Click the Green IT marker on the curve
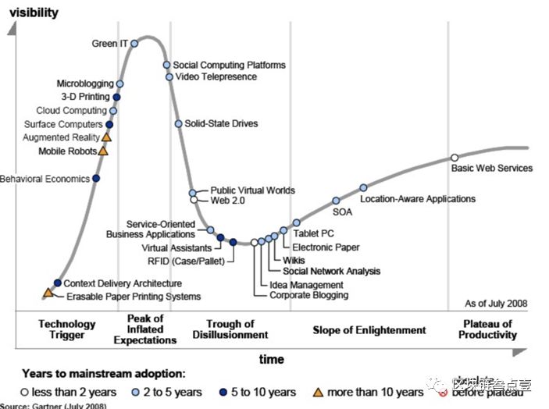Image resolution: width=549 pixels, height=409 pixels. click(135, 44)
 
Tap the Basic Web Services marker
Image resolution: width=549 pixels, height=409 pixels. click(455, 158)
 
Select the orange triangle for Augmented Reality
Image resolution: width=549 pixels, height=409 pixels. click(107, 137)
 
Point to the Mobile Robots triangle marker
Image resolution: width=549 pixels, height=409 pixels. click(103, 151)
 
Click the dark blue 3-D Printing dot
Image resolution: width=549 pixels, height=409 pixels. click(116, 97)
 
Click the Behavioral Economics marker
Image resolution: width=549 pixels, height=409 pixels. click(95, 179)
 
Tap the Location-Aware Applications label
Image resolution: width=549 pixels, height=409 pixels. click(418, 199)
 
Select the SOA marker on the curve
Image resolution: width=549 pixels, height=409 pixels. click(337, 201)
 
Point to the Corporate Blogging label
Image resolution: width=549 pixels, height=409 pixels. click(308, 295)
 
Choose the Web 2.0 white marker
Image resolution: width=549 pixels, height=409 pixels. click(194, 201)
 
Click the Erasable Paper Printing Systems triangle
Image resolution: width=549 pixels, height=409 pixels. click(48, 293)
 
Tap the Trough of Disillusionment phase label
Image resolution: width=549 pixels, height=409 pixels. click(230, 329)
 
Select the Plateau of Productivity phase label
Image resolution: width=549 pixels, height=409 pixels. click(488, 329)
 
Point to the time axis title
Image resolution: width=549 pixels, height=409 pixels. click(272, 359)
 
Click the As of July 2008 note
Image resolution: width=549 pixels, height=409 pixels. click(496, 303)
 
